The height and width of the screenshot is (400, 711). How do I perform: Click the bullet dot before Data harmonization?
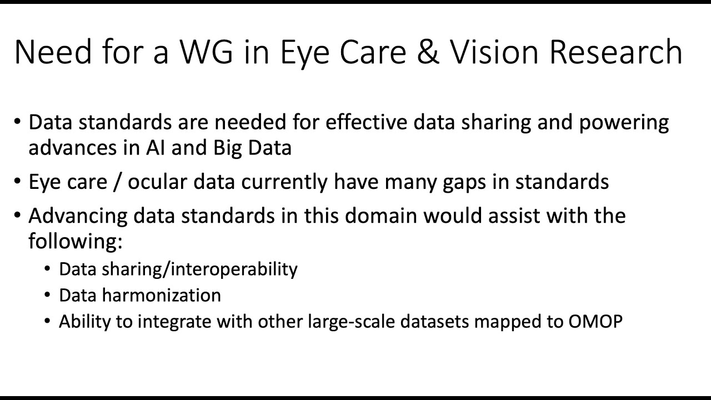coord(47,296)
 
